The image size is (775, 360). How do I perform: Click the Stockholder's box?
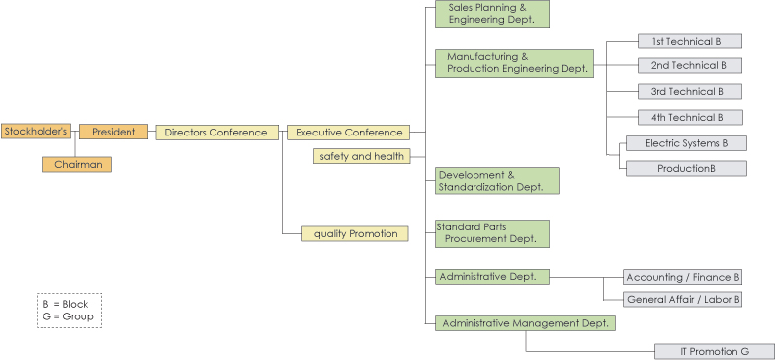[x=36, y=131]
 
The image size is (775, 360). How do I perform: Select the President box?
[x=114, y=132]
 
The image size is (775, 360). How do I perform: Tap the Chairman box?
[x=77, y=165]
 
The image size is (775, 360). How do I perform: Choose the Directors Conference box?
[x=216, y=132]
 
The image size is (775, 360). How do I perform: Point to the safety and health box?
[x=361, y=156]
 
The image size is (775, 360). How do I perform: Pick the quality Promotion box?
[x=355, y=233]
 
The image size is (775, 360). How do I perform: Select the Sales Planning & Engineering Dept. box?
[x=491, y=13]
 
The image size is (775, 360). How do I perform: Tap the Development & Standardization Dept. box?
[x=496, y=180]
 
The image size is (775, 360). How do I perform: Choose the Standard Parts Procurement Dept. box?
[x=491, y=233]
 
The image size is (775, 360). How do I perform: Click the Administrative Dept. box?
[x=491, y=277]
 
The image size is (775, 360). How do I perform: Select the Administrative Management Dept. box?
[x=525, y=323]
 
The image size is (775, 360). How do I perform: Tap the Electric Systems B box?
[x=686, y=143]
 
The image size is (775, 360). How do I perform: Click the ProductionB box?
[x=686, y=168]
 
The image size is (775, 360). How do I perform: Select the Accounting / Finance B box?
[x=683, y=278]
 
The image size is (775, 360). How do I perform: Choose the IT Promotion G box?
[x=714, y=351]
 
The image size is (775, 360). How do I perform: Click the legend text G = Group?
[x=65, y=317]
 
